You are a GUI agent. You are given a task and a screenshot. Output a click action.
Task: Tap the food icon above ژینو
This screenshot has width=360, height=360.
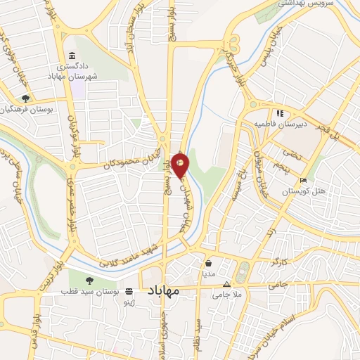tap(128, 290)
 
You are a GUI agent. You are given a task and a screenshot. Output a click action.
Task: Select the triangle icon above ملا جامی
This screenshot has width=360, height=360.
tap(226, 285)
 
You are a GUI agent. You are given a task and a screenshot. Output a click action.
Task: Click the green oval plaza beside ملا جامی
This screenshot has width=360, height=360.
tap(243, 271)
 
